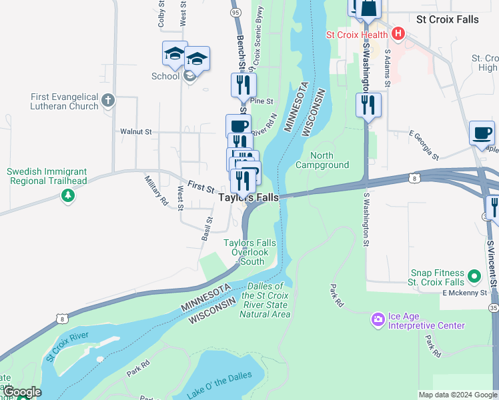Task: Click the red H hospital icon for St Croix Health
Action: point(398,33)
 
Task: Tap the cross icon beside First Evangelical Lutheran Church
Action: point(108,101)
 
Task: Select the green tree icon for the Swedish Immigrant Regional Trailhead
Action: point(67,195)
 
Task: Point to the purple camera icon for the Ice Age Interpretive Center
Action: point(378,320)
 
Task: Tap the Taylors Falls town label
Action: point(249,197)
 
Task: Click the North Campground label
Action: point(322,160)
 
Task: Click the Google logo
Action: point(21,392)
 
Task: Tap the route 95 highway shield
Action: point(234,12)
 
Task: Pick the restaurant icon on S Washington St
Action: point(368,105)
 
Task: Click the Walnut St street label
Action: point(137,132)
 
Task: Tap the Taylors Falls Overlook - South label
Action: point(249,252)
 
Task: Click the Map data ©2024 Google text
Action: point(457,395)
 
